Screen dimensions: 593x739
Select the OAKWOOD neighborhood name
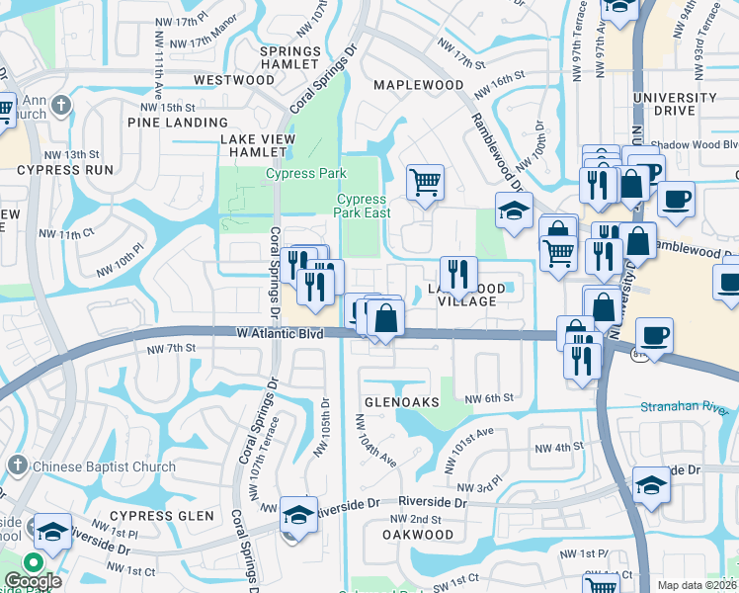click(x=417, y=534)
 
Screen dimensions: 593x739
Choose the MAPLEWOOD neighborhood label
click(x=418, y=85)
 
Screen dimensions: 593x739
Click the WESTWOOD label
click(x=234, y=79)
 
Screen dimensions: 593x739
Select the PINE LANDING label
click(x=178, y=123)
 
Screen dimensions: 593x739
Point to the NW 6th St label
click(x=490, y=398)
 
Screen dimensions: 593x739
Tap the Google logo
click(x=32, y=581)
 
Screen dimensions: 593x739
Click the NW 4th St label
click(x=558, y=448)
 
